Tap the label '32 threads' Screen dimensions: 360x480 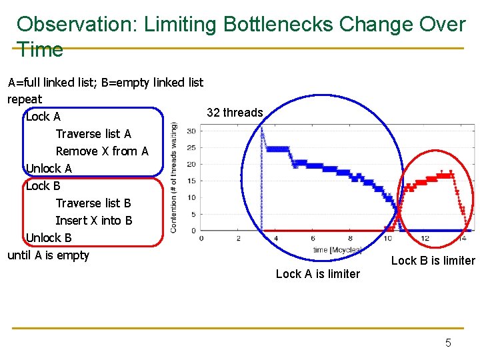[x=235, y=113]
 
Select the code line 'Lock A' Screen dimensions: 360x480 [x=43, y=117]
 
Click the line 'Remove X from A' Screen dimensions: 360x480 [x=102, y=151]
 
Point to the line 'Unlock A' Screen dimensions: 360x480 [x=49, y=169]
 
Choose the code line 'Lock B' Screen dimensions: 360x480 [x=43, y=186]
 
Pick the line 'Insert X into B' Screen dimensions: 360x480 [x=94, y=221]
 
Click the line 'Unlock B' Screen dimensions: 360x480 [x=49, y=238]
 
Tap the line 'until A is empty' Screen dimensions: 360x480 [x=48, y=255]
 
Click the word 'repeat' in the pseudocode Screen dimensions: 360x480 [x=25, y=99]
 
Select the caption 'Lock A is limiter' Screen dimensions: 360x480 [x=317, y=274]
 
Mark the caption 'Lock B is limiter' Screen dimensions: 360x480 [x=433, y=261]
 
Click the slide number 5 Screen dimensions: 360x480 [x=448, y=343]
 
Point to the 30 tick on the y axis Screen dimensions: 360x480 [x=191, y=131]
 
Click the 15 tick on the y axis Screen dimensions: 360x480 [x=191, y=181]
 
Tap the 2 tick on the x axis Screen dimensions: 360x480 [x=239, y=238]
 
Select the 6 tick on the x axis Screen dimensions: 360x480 [x=313, y=238]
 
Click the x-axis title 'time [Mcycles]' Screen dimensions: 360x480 [x=337, y=250]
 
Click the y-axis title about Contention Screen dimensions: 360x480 [x=175, y=177]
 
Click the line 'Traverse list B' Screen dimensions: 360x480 [x=93, y=203]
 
